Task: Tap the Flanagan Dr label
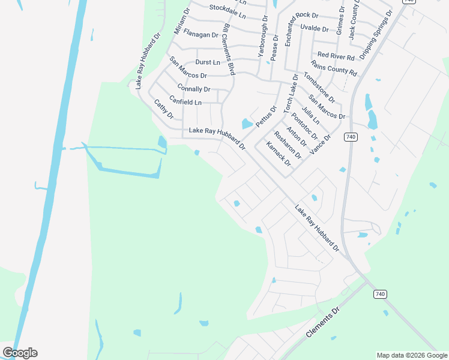coord(200,35)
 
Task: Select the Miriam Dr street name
coord(181,21)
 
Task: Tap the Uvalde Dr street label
coord(315,29)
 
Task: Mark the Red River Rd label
coord(336,56)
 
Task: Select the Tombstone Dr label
coord(318,86)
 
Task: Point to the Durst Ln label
coord(208,62)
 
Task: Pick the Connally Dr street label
coord(193,89)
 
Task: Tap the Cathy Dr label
coord(163,109)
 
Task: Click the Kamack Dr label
coord(279,154)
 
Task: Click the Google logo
coord(20,353)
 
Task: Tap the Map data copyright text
coord(412,355)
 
